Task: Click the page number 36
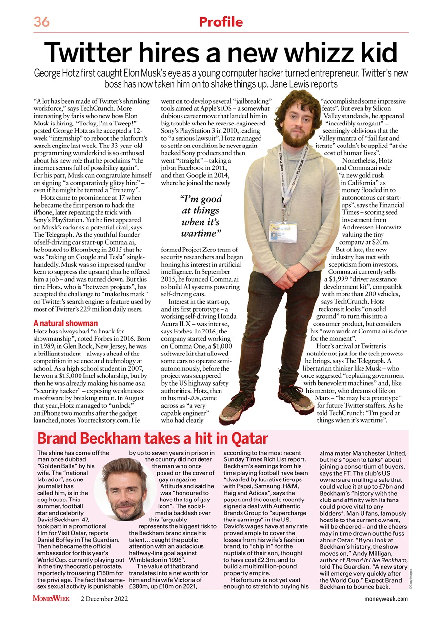coord(42,22)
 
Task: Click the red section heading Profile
coord(221,22)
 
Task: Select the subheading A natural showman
coord(65,323)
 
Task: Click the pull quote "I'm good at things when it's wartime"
coord(201,216)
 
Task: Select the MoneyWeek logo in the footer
coord(51,599)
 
